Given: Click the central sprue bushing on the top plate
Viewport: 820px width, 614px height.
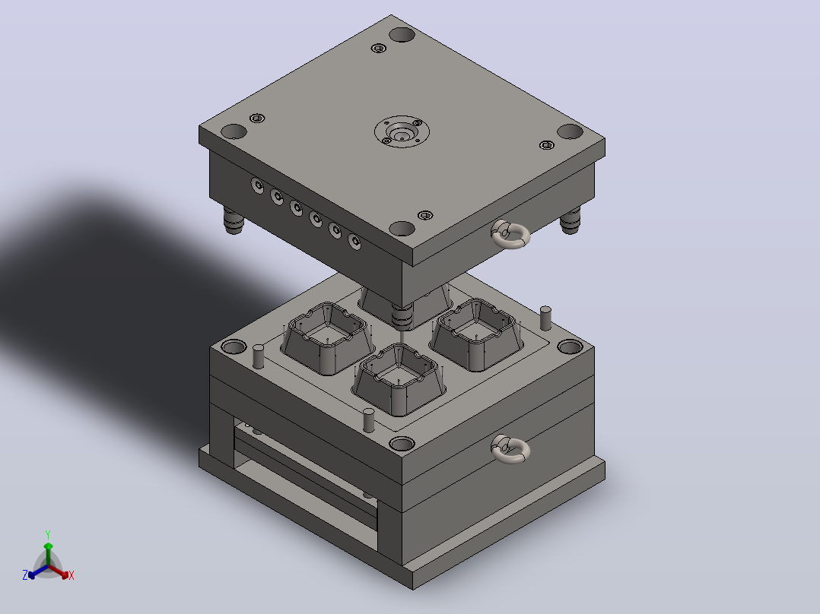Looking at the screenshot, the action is coord(402,131).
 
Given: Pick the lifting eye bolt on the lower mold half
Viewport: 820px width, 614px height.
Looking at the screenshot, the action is coord(510,449).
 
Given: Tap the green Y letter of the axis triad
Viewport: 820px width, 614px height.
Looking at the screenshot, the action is coord(48,534).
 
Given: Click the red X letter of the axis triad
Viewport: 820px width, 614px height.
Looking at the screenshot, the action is coord(72,575).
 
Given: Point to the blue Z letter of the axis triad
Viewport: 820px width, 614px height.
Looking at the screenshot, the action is coord(25,575).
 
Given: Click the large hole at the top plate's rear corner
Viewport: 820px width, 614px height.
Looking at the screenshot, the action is coord(402,34).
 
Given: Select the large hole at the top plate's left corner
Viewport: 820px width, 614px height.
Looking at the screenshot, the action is coord(234,131).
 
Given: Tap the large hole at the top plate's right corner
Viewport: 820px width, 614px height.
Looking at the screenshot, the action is coord(570,131).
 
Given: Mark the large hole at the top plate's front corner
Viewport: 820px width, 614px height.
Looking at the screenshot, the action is coord(402,229).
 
